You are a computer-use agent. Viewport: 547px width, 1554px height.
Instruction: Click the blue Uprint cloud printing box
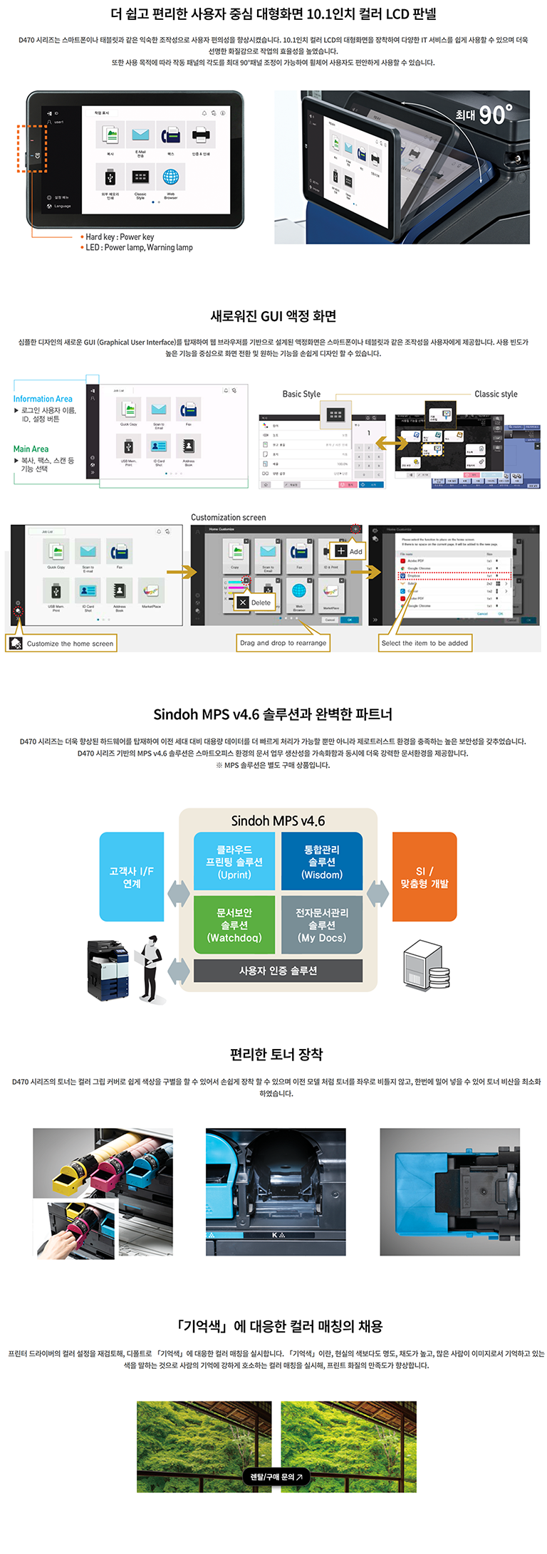234,862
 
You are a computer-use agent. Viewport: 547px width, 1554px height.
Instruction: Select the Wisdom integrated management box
322,862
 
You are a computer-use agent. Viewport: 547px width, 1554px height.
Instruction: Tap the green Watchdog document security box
234,924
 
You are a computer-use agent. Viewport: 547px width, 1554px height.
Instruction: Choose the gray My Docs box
322,924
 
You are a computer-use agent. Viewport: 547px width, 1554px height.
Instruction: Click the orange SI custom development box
424,877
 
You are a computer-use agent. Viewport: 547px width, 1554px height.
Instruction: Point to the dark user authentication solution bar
278,971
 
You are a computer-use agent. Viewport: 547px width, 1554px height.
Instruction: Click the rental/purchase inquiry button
276,1476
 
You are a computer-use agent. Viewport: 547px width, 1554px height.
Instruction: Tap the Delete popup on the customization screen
255,603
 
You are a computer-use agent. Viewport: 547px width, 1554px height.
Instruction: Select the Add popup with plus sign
349,551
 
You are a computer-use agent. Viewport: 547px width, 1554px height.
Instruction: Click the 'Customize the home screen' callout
62,644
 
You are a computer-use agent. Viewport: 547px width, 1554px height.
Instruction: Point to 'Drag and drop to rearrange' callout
283,643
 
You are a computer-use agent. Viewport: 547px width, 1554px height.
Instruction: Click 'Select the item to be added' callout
424,643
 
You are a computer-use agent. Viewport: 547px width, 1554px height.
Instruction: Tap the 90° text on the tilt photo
494,114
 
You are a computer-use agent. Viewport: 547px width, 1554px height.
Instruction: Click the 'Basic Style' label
301,394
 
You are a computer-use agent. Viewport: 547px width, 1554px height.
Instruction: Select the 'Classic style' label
496,394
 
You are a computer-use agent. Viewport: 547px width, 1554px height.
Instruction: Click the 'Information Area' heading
43,399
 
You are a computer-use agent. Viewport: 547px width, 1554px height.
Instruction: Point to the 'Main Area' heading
31,449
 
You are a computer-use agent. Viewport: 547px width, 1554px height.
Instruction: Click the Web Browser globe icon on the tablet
171,177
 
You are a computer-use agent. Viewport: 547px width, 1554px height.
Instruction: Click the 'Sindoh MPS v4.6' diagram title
278,821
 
